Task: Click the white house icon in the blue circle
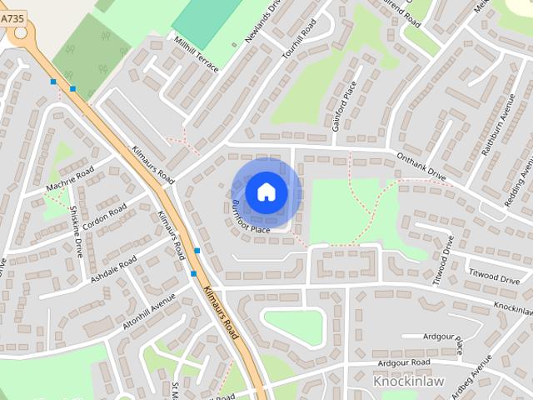266,192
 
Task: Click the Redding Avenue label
525,176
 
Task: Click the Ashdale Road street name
113,271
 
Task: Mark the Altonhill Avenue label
148,310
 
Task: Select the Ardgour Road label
403,362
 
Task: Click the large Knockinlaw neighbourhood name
407,382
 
